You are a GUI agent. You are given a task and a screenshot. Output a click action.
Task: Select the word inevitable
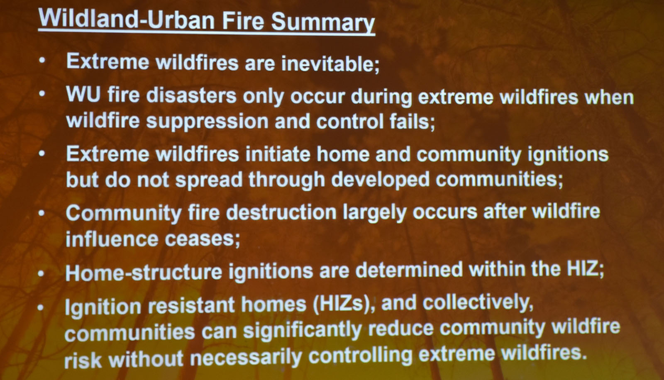click(330, 63)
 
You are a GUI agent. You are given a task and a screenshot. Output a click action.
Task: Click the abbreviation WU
click(83, 95)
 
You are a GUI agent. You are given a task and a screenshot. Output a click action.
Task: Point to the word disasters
click(191, 95)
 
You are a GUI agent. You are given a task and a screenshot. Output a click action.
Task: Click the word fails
click(413, 122)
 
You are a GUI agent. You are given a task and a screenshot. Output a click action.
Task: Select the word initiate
click(278, 154)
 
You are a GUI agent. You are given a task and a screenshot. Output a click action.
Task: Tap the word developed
click(380, 180)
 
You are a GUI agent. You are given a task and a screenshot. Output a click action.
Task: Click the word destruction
click(281, 212)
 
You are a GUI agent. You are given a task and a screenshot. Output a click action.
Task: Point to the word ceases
click(202, 239)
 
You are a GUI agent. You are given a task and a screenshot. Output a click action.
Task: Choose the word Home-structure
click(144, 272)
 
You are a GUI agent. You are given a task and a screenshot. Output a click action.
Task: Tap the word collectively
click(478, 303)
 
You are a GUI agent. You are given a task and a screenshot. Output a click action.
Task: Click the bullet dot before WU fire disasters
click(42, 94)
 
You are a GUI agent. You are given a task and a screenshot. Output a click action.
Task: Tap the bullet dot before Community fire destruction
click(42, 213)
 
